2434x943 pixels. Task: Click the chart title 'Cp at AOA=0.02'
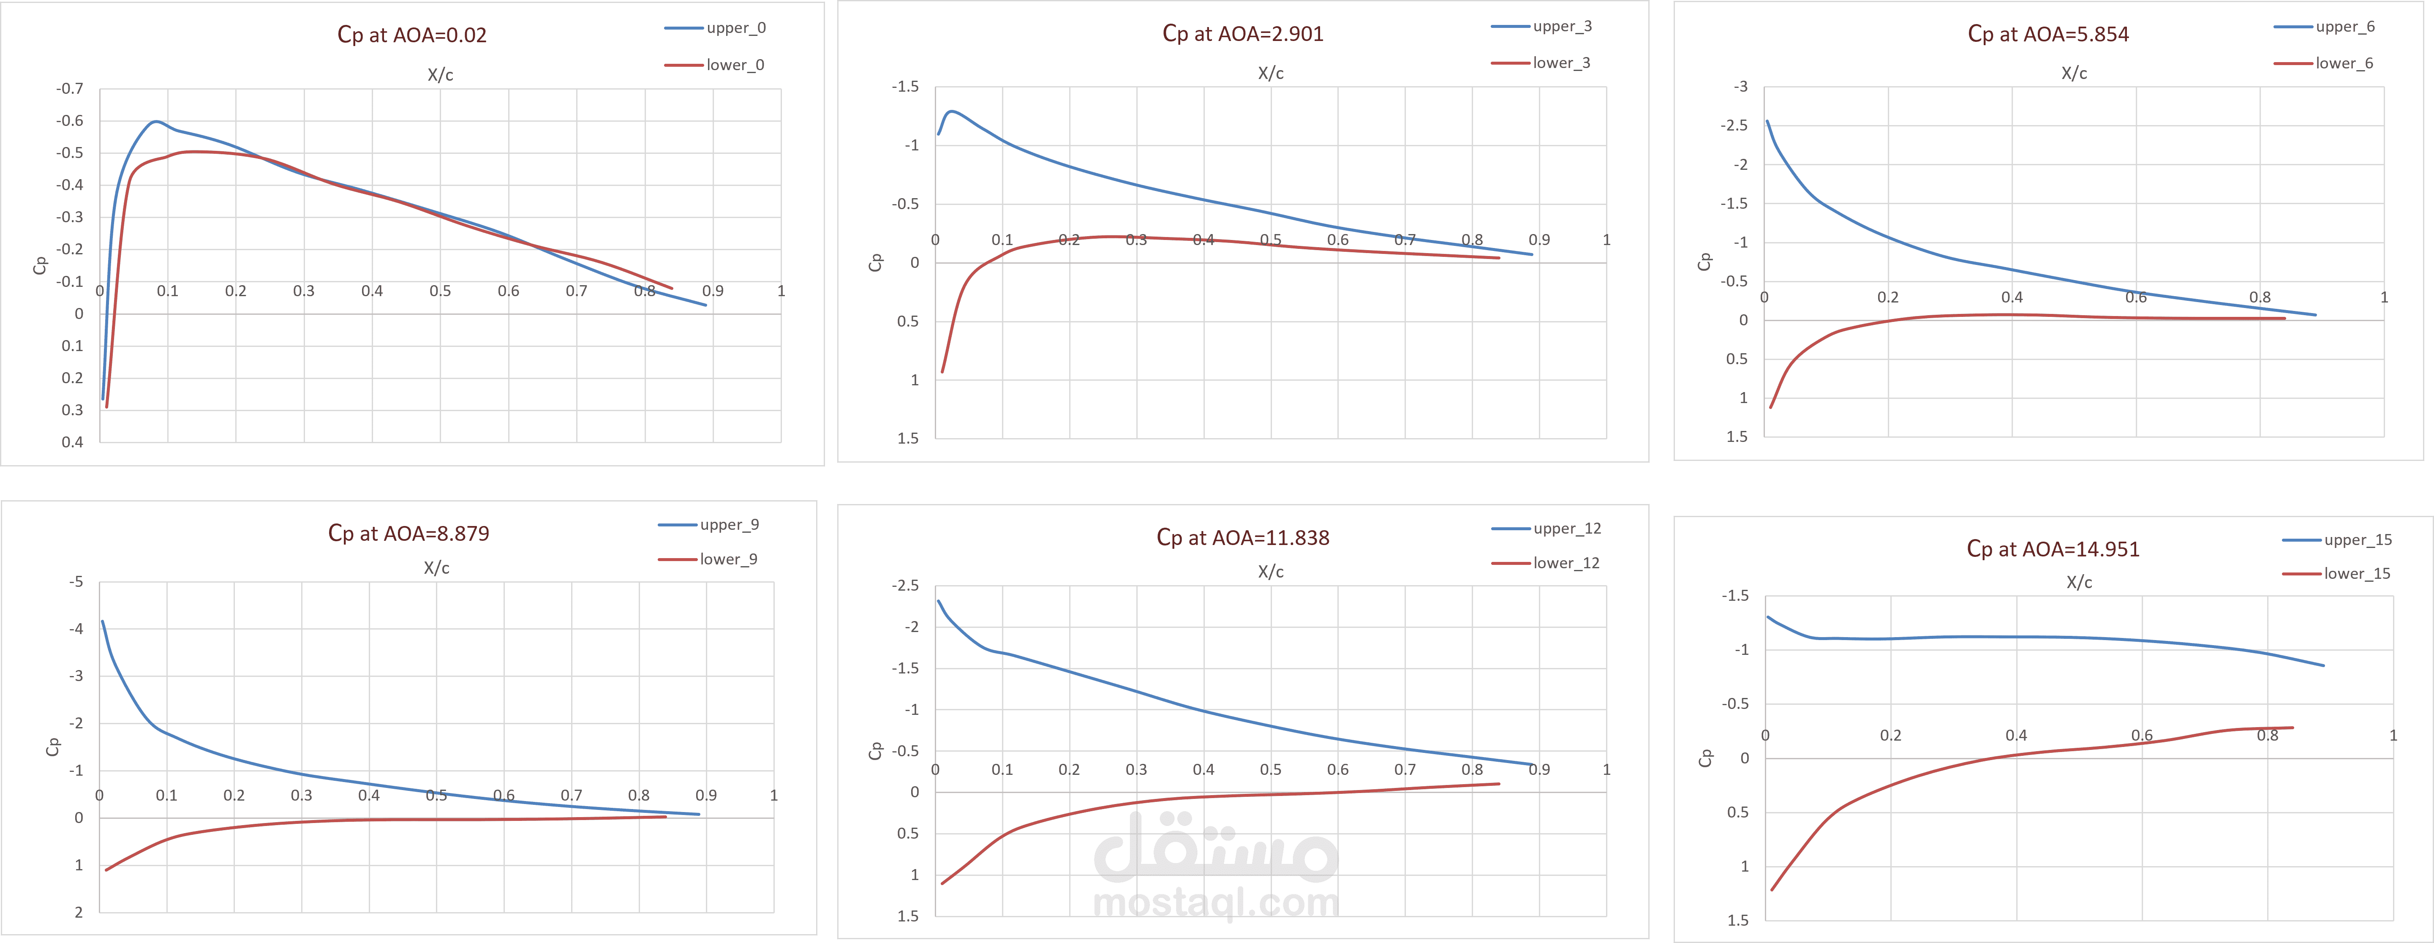[x=412, y=35]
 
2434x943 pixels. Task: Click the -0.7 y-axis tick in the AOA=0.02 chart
[x=70, y=89]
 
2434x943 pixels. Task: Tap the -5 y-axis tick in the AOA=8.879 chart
[x=76, y=582]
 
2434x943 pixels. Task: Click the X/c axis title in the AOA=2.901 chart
[x=1270, y=73]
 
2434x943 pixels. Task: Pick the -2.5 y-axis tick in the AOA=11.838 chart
[x=905, y=586]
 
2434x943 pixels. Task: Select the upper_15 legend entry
[x=2358, y=540]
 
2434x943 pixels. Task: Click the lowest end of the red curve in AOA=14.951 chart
[x=1772, y=889]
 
